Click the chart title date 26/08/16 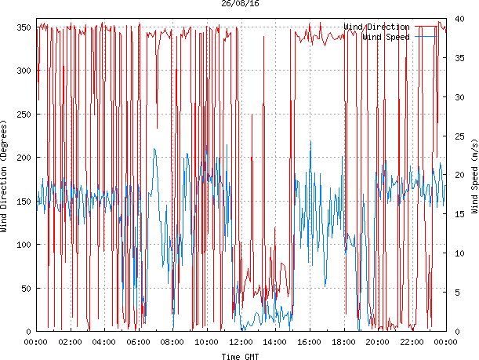241,4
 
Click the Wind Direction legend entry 376,27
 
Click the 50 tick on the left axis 24,289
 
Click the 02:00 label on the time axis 70,342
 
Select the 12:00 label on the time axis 241,342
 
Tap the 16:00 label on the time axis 310,342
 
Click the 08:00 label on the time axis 172,342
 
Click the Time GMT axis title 241,356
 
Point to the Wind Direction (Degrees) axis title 5,176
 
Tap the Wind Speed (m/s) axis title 474,176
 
